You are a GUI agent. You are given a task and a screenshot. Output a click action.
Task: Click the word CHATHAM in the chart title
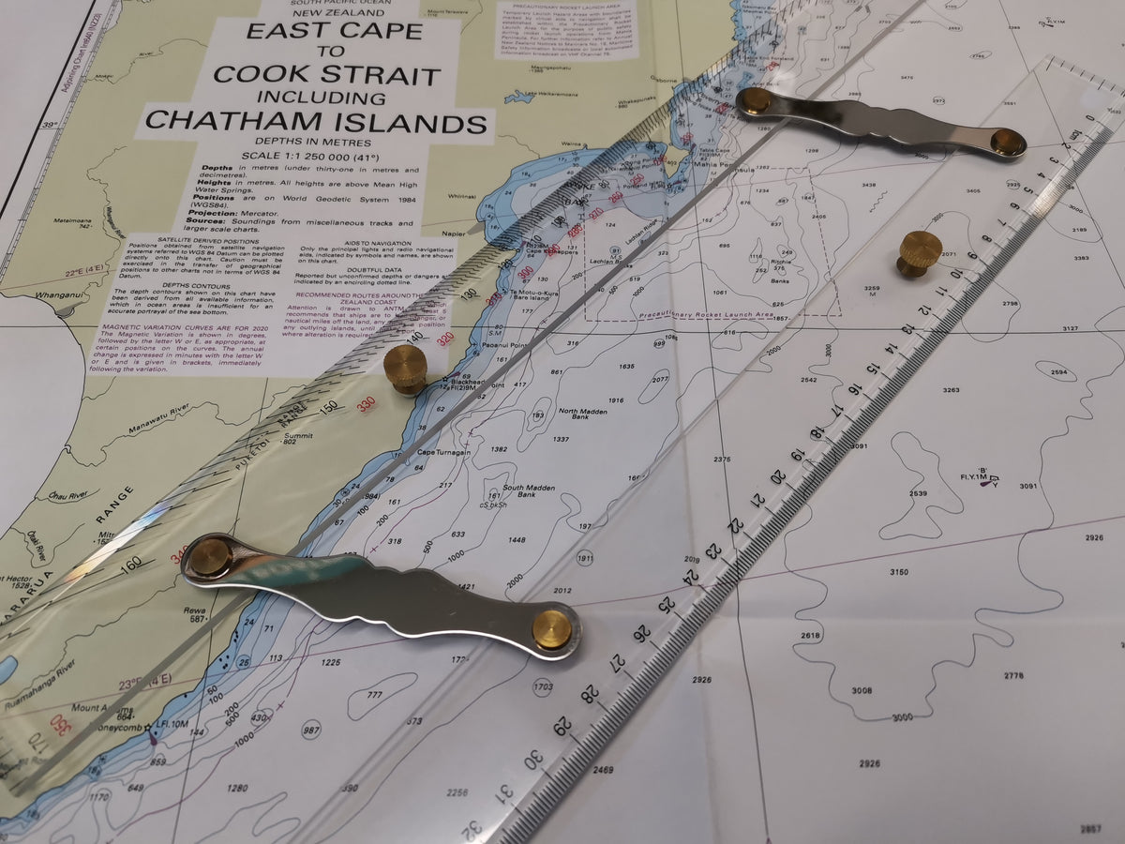[223, 123]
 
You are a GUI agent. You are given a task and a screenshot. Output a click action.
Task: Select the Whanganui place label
[34, 294]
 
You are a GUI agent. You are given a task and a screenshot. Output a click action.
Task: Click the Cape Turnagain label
[440, 453]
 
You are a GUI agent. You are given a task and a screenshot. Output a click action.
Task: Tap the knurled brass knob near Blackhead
[406, 368]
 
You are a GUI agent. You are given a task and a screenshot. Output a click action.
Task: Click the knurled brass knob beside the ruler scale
[921, 253]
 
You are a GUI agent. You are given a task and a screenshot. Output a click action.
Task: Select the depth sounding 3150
[898, 571]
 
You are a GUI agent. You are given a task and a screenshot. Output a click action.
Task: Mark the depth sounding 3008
[861, 690]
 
